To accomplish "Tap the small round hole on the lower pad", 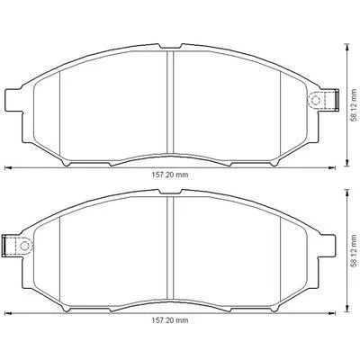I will coord(26,244).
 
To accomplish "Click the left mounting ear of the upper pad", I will coord(13,97).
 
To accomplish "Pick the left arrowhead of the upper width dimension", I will coord(8,166).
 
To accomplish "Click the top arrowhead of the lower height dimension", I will coord(346,193).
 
